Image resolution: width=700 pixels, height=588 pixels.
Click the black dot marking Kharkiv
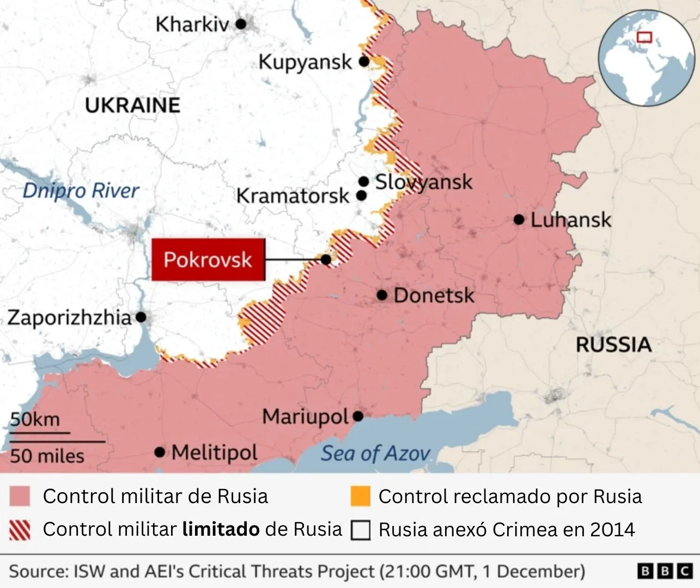click(x=241, y=24)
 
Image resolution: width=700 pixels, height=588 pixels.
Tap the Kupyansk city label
click(x=305, y=62)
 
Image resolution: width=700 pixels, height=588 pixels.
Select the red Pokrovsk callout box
click(x=208, y=260)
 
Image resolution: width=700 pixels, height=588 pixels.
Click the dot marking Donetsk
click(x=382, y=295)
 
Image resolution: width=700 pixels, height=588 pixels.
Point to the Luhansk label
click(x=570, y=220)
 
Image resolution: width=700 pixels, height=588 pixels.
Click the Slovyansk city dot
click(x=363, y=181)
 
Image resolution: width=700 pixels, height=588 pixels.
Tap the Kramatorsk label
click(x=293, y=196)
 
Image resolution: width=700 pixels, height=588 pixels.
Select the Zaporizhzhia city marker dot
click(x=141, y=316)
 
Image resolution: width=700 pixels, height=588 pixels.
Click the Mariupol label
click(x=305, y=417)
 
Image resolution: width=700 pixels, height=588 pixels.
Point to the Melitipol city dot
click(x=160, y=452)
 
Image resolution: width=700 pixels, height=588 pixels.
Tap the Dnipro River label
click(x=81, y=191)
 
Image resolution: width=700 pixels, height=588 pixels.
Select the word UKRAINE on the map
click(x=132, y=105)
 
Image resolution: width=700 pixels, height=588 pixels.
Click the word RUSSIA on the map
click(x=613, y=345)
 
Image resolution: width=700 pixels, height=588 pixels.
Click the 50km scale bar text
click(x=35, y=419)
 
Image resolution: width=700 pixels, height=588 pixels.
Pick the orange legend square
click(x=360, y=496)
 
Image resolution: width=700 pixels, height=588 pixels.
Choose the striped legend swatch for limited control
click(x=20, y=529)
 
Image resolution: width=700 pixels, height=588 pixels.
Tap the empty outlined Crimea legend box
click(x=360, y=530)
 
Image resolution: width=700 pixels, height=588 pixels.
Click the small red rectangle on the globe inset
click(x=644, y=37)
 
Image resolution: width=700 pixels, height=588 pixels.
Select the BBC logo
click(x=665, y=571)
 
